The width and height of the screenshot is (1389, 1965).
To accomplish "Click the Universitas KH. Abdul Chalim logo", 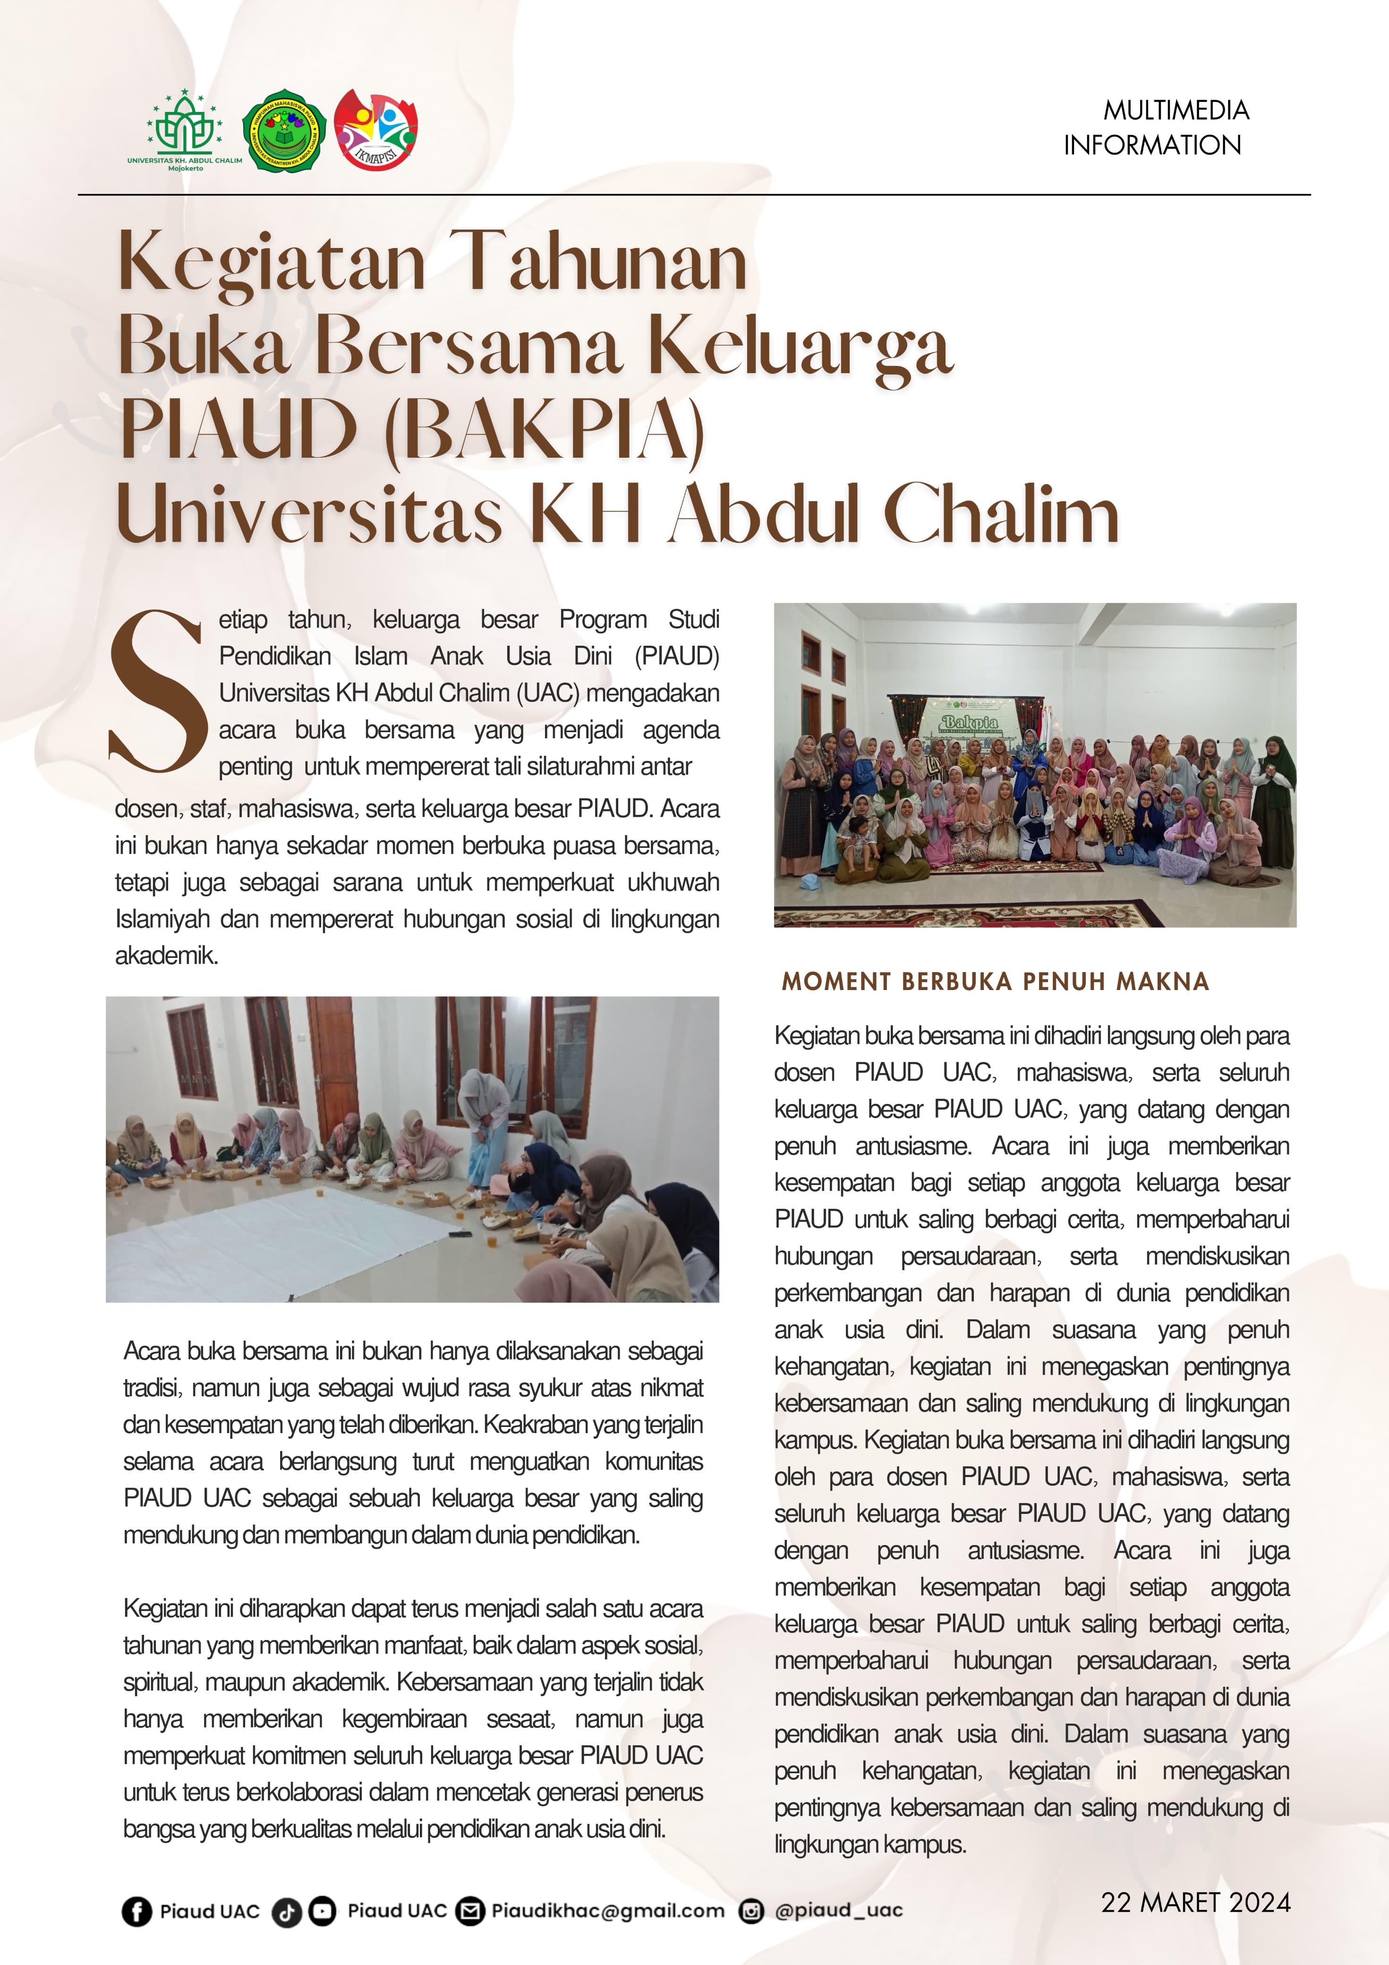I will point(184,129).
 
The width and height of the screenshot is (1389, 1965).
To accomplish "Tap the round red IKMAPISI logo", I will point(376,128).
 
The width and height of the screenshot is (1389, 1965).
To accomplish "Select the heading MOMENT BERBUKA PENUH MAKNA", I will point(995,982).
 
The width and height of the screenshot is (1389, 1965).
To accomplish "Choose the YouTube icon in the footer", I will point(322,1911).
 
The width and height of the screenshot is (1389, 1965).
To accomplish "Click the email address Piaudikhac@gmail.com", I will point(608,1911).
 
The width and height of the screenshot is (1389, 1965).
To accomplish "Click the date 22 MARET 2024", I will point(1195,1903).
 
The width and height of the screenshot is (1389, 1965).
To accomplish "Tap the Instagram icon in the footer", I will point(750,1911).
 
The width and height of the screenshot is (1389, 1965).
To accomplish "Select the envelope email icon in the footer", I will point(469,1911).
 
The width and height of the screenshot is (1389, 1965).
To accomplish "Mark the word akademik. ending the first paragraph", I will point(167,956).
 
